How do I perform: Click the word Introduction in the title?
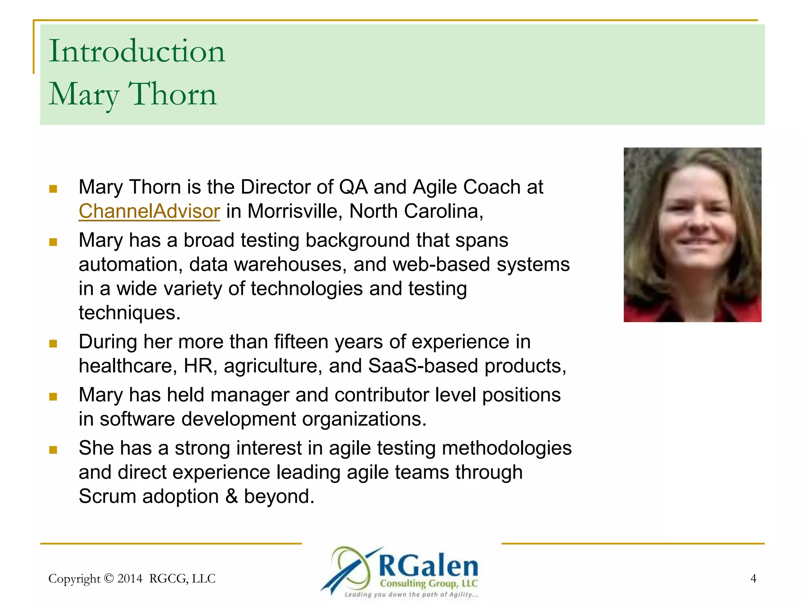tap(137, 52)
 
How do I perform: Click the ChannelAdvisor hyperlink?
tap(149, 211)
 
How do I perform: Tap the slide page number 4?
tap(753, 578)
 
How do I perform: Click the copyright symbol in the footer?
tap(109, 578)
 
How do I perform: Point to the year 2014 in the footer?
tap(130, 578)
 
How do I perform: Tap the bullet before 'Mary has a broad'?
tap(53, 241)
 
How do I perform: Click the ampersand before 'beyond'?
tap(232, 496)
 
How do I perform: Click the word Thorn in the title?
tap(173, 95)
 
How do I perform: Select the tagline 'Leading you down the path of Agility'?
tap(411, 595)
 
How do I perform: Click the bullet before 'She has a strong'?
tap(53, 449)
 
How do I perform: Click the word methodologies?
tap(507, 448)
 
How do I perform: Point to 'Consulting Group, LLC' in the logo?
tap(428, 584)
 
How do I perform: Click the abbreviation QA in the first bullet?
tap(353, 187)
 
